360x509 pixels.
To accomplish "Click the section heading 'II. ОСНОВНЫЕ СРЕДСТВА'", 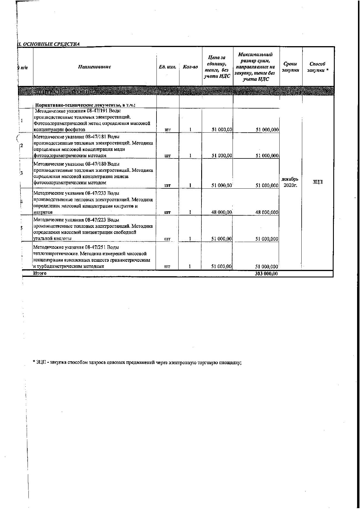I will point(48,44).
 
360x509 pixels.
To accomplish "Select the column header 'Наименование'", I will point(95,67).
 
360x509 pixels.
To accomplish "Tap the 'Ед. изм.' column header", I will point(168,67).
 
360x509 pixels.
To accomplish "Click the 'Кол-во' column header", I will point(190,67).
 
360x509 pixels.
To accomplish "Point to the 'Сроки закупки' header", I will point(290,67).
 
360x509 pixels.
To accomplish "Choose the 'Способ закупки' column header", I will point(318,67).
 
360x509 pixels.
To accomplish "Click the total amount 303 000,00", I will point(266,274).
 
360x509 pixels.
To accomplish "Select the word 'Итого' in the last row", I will point(40,273).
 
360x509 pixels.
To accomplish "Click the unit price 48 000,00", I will point(222,212).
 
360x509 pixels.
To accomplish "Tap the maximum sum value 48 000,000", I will point(267,212).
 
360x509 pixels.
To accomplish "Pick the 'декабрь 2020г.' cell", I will point(290,182).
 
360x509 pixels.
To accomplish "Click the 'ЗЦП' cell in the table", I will point(318,182).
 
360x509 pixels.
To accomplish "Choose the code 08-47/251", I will point(97,247).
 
